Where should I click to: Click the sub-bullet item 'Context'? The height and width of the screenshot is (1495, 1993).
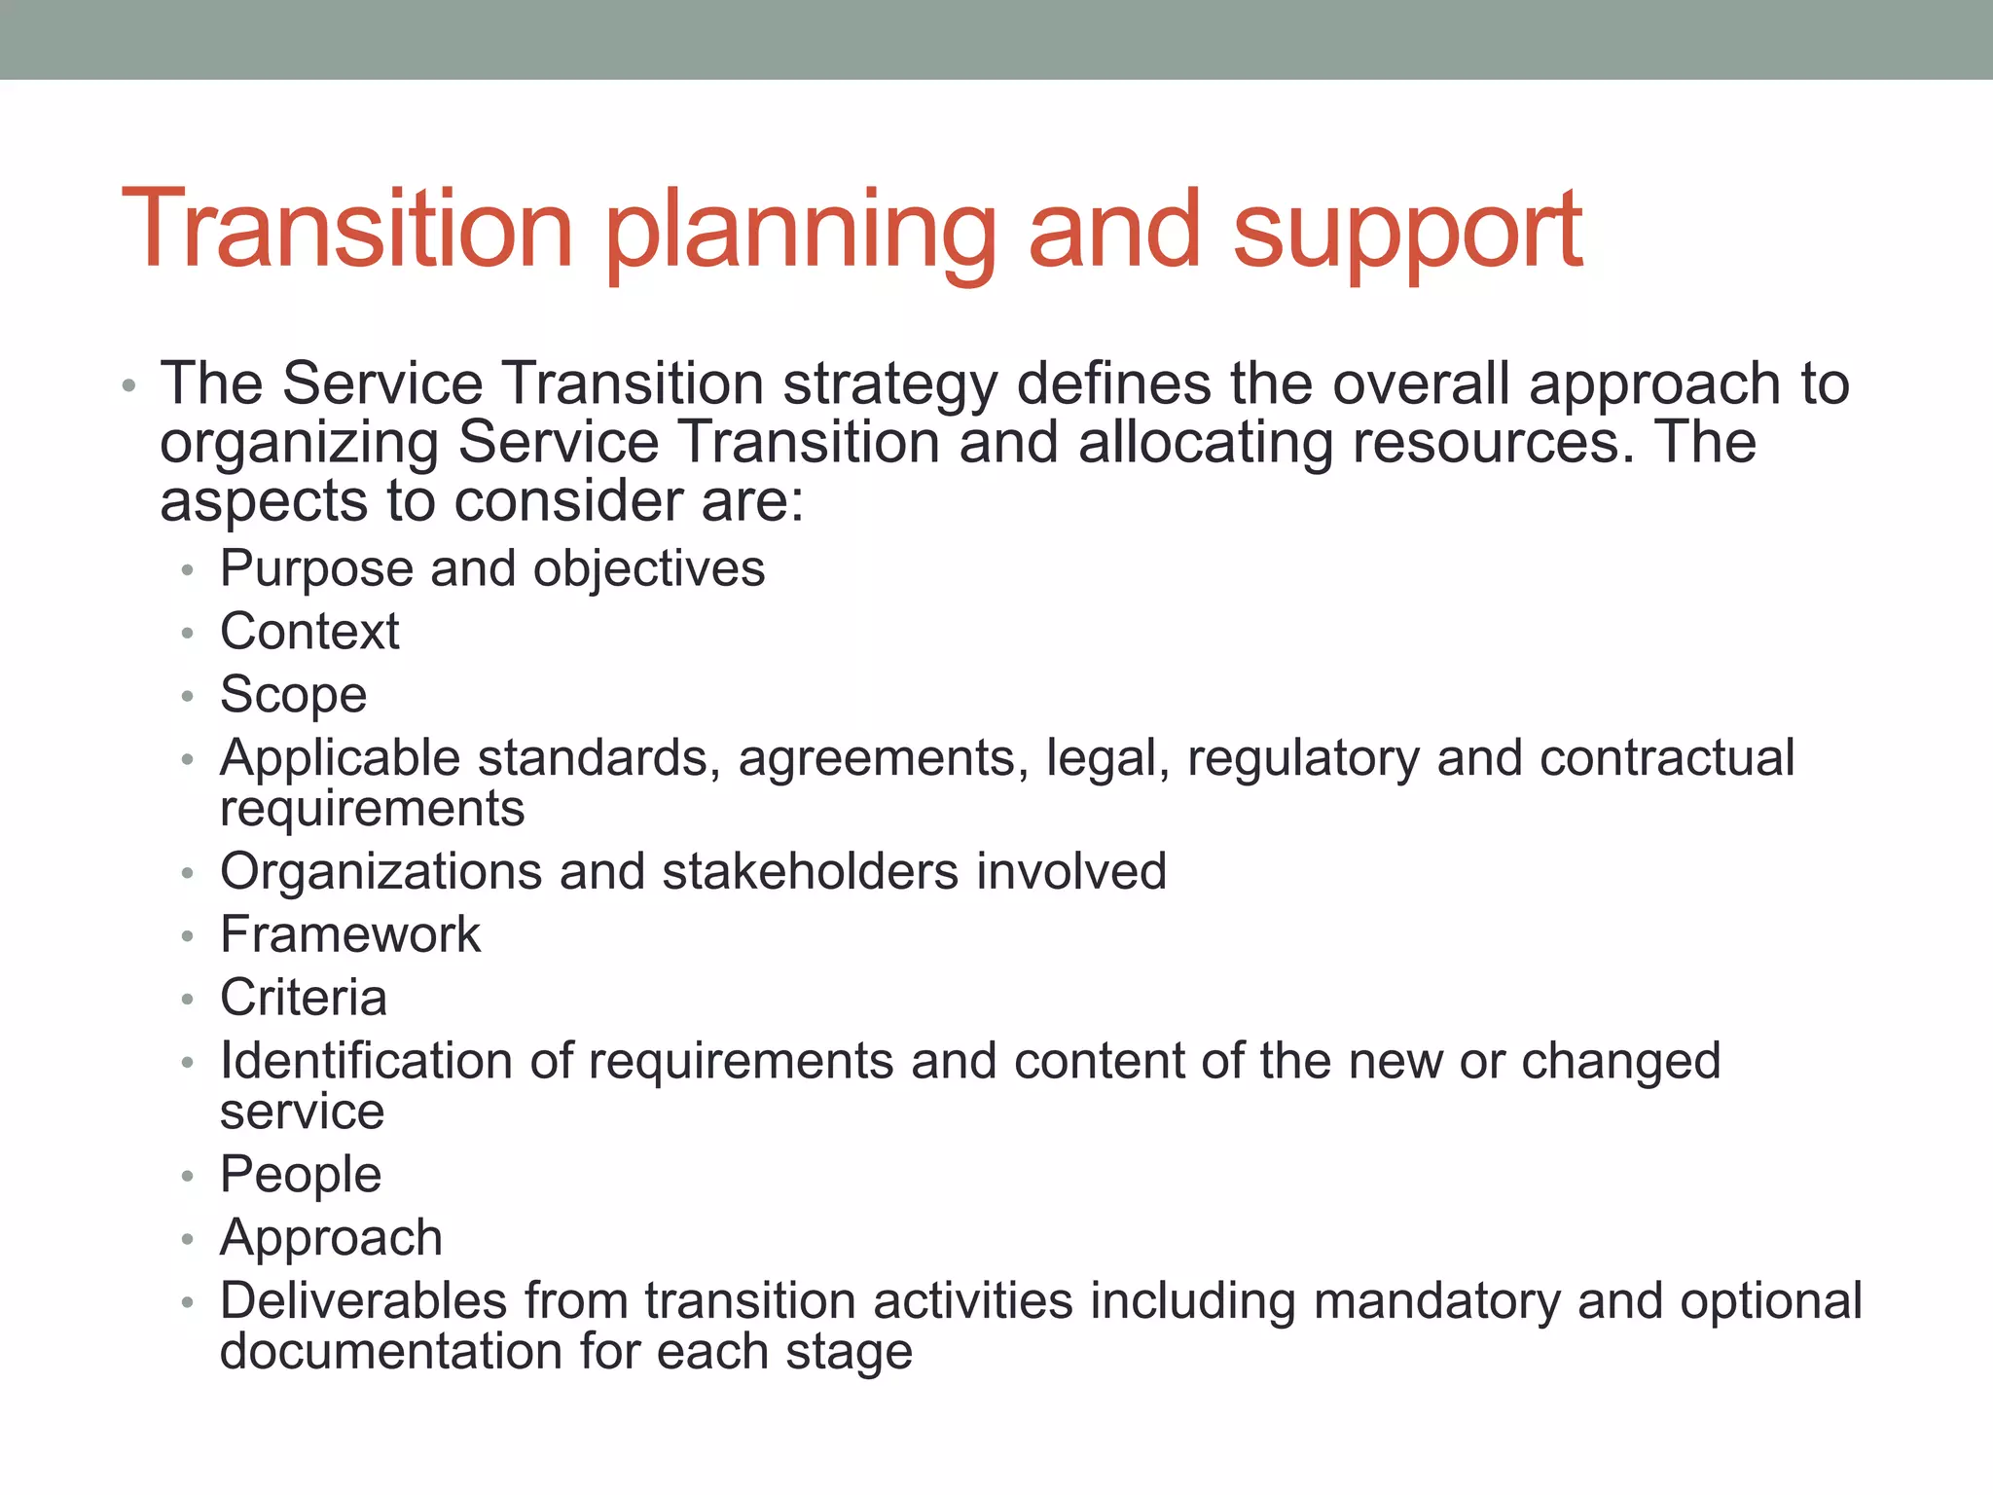click(309, 632)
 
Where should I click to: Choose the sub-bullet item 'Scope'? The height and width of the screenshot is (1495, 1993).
click(293, 695)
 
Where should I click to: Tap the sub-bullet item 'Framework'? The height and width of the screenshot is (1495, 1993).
click(350, 935)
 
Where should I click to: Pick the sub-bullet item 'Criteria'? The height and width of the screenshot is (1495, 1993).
click(304, 999)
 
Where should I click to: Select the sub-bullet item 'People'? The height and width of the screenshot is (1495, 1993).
click(301, 1175)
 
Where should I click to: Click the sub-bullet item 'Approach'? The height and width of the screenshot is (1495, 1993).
click(331, 1238)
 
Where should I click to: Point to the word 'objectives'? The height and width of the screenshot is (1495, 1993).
click(649, 569)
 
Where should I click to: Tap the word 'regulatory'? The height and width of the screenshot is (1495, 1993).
click(1303, 759)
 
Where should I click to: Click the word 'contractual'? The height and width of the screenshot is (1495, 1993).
click(1666, 758)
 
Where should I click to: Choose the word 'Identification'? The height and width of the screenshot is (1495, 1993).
click(366, 1061)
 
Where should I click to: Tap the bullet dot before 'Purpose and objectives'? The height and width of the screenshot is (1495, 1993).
click(188, 570)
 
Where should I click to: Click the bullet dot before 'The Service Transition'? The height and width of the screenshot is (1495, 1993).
click(128, 386)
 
